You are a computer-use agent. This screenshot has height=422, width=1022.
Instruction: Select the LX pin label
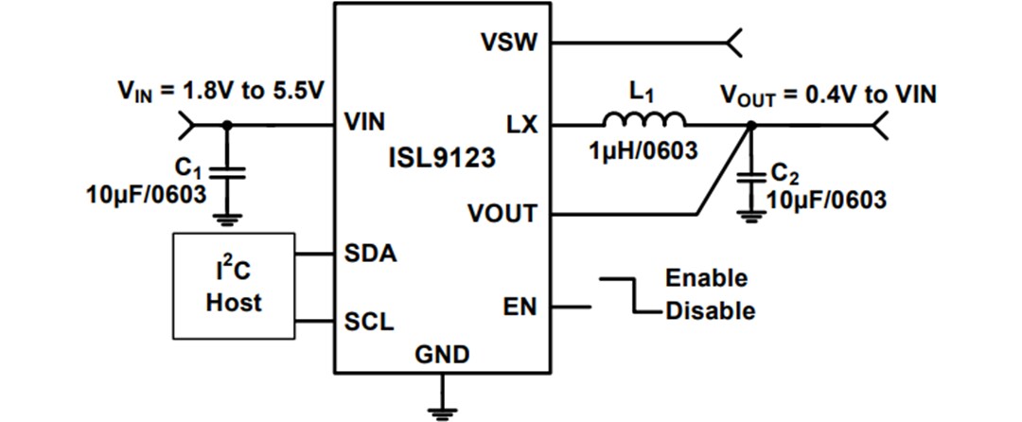[x=522, y=124]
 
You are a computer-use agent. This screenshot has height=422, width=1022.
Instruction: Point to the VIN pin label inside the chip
[x=365, y=124]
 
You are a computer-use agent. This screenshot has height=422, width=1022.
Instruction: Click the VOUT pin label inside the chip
[x=502, y=214]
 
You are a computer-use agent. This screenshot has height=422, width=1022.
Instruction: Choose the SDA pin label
[x=369, y=255]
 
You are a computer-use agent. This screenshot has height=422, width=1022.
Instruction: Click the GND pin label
[x=441, y=355]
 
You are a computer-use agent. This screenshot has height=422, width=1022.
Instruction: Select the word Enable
[x=706, y=278]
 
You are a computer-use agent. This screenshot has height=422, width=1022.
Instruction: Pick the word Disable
[x=710, y=310]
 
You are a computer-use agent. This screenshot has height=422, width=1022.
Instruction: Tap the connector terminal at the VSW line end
[x=733, y=43]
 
